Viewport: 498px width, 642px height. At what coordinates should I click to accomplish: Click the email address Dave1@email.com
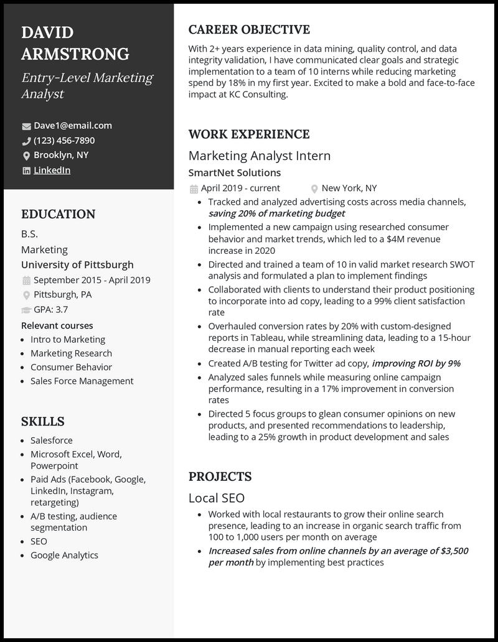(x=72, y=125)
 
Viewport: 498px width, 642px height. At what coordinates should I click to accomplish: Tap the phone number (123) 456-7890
(x=64, y=140)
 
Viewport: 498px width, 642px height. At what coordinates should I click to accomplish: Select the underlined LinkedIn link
(x=52, y=170)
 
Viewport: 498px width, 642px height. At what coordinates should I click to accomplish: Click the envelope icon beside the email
(x=26, y=126)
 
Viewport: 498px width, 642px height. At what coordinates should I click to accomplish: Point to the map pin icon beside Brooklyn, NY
(x=26, y=156)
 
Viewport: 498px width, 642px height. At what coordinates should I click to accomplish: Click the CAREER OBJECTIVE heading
(x=249, y=30)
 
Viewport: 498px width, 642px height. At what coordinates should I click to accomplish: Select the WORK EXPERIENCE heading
(x=249, y=134)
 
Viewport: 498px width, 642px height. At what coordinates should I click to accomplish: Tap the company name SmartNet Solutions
(x=235, y=172)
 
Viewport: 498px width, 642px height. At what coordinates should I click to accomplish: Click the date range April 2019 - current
(x=240, y=188)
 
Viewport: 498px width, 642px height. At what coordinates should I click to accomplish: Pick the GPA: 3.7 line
(x=51, y=309)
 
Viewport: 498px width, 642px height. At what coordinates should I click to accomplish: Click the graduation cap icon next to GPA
(x=26, y=310)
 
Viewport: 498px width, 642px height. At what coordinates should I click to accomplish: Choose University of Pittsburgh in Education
(x=77, y=264)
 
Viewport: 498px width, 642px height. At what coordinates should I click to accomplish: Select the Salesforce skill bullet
(x=52, y=440)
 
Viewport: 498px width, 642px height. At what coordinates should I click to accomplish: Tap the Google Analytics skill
(x=64, y=555)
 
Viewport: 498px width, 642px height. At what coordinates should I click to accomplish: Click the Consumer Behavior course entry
(x=71, y=367)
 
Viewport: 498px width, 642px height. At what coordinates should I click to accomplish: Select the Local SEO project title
(x=217, y=498)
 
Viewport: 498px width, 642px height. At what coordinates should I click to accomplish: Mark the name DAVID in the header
(x=47, y=32)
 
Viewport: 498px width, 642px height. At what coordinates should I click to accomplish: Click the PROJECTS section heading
(x=220, y=477)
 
